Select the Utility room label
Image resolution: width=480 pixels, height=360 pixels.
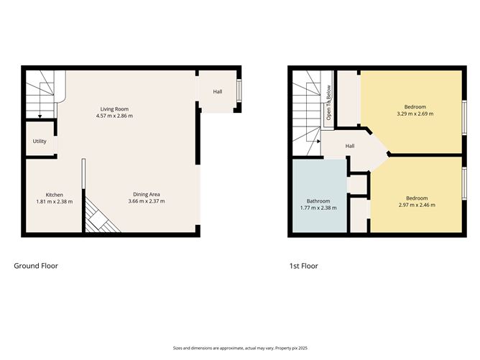pyautogui.click(x=40, y=142)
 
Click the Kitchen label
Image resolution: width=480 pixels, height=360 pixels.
pyautogui.click(x=55, y=195)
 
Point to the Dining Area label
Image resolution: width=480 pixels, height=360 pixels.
pyautogui.click(x=147, y=194)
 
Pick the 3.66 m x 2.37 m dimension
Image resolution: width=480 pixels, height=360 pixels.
pyautogui.click(x=147, y=201)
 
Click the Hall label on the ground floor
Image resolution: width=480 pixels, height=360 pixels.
pyautogui.click(x=217, y=92)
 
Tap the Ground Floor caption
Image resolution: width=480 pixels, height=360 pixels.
pyautogui.click(x=36, y=266)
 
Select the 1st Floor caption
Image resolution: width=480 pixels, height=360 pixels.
pyautogui.click(x=303, y=266)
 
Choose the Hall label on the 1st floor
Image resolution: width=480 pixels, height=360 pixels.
pyautogui.click(x=350, y=147)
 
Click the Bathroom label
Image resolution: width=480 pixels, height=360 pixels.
pyautogui.click(x=318, y=200)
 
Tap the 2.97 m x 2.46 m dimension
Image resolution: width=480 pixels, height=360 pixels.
pyautogui.click(x=416, y=205)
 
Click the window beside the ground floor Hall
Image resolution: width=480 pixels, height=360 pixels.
pyautogui.click(x=239, y=91)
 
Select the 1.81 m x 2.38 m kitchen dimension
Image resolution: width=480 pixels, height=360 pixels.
pyautogui.click(x=55, y=202)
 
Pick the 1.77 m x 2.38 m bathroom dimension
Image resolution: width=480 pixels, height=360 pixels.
pyautogui.click(x=318, y=208)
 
